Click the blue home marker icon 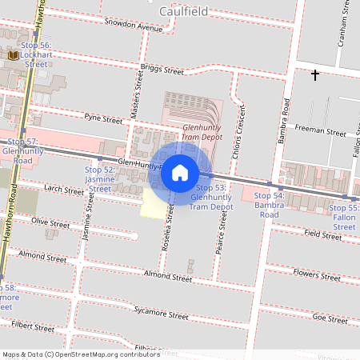pyautogui.click(x=180, y=171)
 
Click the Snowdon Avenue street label pyautogui.click(x=133, y=25)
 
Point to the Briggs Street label pyautogui.click(x=162, y=70)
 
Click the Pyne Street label pyautogui.click(x=103, y=118)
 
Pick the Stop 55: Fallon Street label pyautogui.click(x=344, y=217)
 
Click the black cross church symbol pyautogui.click(x=315, y=75)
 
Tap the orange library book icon pyautogui.click(x=14, y=55)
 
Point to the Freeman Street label pyautogui.click(x=320, y=131)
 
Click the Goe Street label pyautogui.click(x=330, y=318)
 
